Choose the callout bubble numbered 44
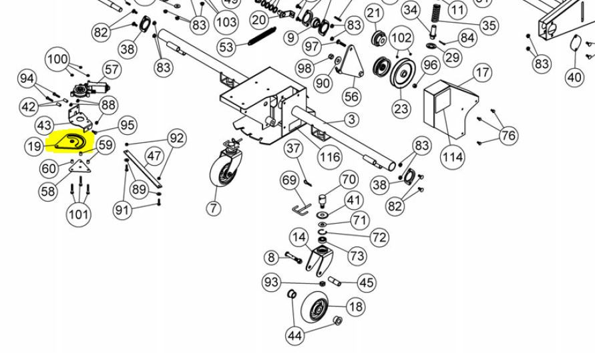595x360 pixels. tap(294, 335)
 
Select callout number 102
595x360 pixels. tap(401, 36)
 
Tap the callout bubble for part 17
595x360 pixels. tap(482, 73)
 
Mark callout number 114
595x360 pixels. tap(452, 156)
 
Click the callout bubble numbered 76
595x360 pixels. tap(508, 136)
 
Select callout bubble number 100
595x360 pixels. tap(57, 59)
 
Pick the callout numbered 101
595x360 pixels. tap(79, 214)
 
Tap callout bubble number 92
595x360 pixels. tap(176, 138)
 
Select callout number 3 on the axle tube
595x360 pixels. tap(351, 120)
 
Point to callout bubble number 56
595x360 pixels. tap(352, 97)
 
